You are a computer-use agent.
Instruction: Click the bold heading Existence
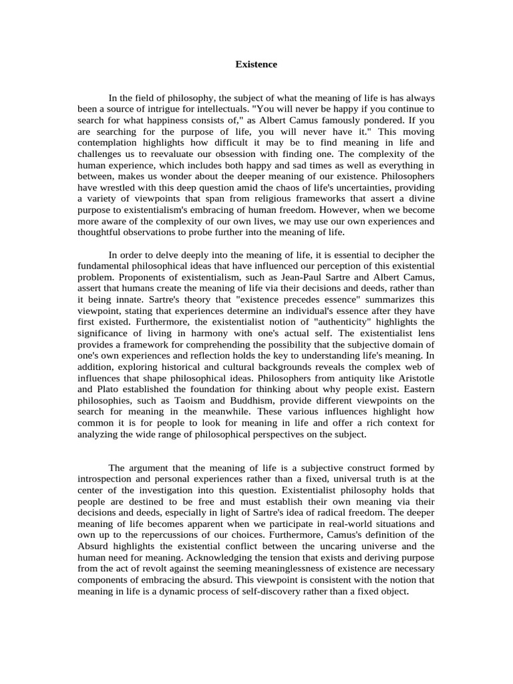point(256,65)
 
